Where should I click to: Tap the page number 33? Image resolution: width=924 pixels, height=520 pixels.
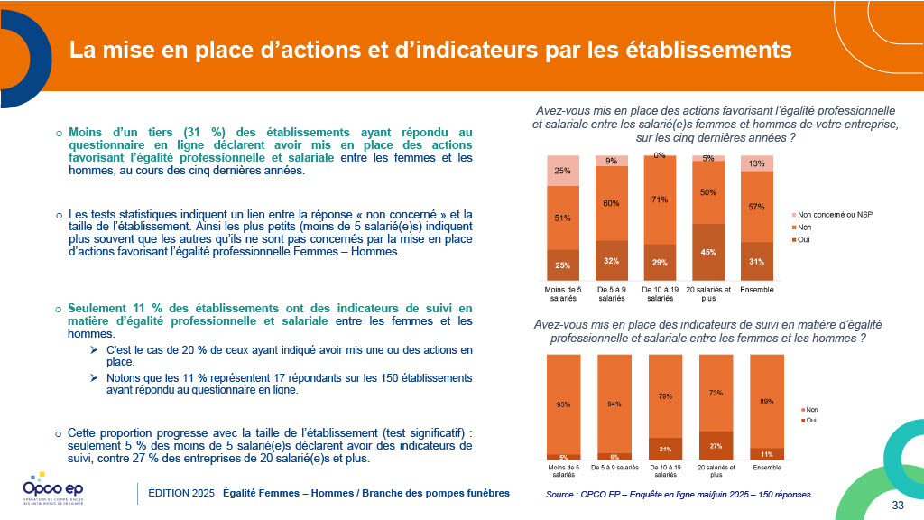tap(898, 504)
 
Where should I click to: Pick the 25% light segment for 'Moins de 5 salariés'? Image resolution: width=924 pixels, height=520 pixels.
tap(563, 171)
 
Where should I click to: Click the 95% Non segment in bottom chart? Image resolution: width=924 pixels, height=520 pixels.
tap(563, 404)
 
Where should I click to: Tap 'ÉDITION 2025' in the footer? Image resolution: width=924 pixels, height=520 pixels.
tap(181, 493)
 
